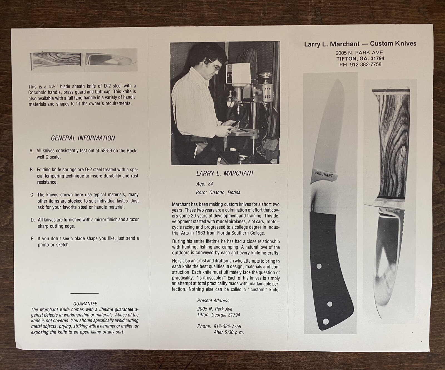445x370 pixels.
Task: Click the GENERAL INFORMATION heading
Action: (x=83, y=138)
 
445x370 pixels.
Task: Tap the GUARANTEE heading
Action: (x=85, y=304)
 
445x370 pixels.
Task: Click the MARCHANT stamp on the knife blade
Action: (x=323, y=175)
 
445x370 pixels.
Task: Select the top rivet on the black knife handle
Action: (x=319, y=266)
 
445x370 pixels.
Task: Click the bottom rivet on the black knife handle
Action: (x=327, y=322)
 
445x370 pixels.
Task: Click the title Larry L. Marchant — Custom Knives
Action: (x=360, y=44)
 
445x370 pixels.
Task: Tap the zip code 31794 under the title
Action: (x=376, y=58)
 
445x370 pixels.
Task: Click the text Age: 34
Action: (x=204, y=184)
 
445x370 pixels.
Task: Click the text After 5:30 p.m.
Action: (x=229, y=332)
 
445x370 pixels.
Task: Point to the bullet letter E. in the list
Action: (x=33, y=239)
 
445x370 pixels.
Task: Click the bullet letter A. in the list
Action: (x=31, y=151)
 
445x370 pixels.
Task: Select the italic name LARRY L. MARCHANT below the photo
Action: (x=225, y=173)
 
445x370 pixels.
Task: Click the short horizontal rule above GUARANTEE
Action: (x=85, y=293)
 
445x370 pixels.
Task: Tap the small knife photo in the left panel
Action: (x=83, y=60)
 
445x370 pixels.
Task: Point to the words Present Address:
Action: (x=214, y=301)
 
